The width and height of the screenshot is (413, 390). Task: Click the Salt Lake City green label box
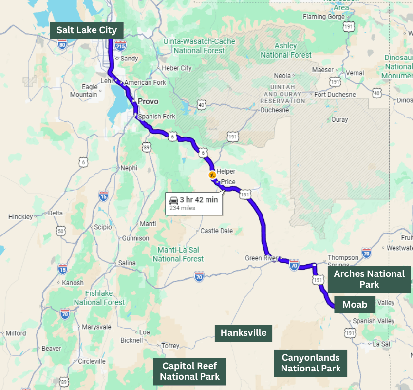87,30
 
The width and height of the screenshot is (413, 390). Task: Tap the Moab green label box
355,305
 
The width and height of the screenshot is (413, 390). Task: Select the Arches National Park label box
369,279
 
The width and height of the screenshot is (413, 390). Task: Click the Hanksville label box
244,333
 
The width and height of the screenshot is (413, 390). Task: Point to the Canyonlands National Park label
311,363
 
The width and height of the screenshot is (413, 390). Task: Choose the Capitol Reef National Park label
190,371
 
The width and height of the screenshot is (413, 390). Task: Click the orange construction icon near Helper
212,175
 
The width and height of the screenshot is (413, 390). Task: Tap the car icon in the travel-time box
173,200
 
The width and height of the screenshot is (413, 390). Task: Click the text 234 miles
182,208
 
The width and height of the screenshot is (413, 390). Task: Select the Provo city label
148,101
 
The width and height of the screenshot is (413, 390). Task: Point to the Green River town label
261,258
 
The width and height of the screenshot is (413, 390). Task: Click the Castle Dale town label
216,231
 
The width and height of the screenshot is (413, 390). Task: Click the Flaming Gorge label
320,17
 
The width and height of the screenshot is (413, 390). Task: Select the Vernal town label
355,73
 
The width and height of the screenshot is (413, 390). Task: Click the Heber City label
176,68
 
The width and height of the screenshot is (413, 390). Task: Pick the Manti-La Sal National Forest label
178,254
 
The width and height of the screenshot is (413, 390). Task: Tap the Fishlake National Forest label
99,297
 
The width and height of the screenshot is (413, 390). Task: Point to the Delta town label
56,213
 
